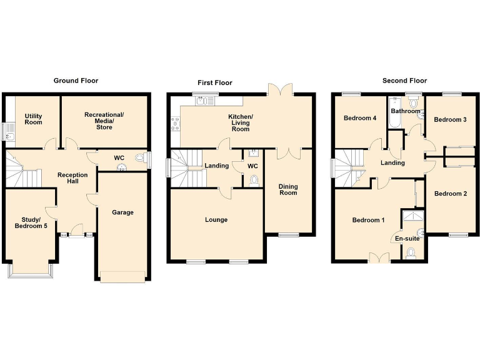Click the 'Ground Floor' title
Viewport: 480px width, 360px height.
[76, 81]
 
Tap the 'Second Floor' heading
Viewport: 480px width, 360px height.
[404, 81]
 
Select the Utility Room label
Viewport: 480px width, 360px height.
[34, 119]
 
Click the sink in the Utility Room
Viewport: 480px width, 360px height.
[9, 132]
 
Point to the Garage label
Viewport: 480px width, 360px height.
[122, 212]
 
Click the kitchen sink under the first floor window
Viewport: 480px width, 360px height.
[204, 101]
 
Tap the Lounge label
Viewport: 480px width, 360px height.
[216, 220]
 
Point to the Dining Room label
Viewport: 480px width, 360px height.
[287, 189]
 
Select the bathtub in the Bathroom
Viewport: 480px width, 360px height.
[394, 113]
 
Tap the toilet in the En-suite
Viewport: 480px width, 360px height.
[410, 252]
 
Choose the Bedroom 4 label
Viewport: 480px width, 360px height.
[359, 118]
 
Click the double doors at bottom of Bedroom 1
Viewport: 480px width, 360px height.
[378, 257]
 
